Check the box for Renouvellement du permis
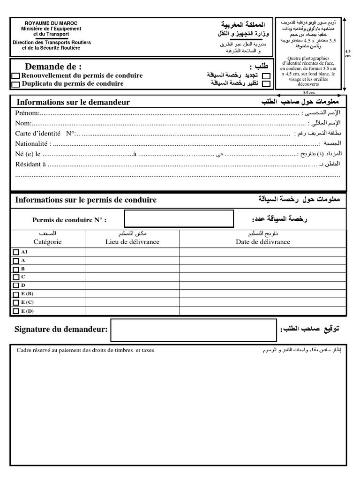tap(15, 76)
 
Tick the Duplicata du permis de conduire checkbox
tap(15, 84)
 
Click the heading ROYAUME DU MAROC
tap(51, 23)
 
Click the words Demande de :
tap(53, 67)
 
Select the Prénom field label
tap(27, 113)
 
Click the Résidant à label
tap(30, 165)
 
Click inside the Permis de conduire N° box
tap(179, 220)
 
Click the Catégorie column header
tap(47, 242)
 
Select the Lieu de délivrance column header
tap(132, 242)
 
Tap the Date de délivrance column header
tap(262, 242)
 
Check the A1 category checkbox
tap(15, 252)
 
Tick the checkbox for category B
tap(15, 269)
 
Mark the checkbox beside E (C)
tap(15, 303)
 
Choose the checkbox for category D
tap(15, 286)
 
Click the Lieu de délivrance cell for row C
tap(133, 277)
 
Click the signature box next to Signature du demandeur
tap(194, 330)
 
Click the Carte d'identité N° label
tap(45, 134)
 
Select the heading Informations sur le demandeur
tap(73, 102)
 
